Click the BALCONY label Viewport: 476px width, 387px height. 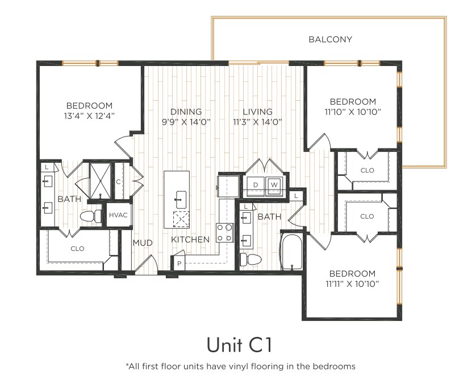(x=330, y=39)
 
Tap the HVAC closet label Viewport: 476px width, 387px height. (x=118, y=215)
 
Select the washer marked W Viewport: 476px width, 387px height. (x=274, y=185)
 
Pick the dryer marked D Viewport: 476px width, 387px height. (x=256, y=185)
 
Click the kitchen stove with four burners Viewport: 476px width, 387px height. (x=225, y=233)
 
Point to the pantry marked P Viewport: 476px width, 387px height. (x=179, y=264)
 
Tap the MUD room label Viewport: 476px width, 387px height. (x=143, y=243)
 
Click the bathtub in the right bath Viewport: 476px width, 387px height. (x=291, y=252)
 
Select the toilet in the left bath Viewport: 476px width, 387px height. (x=91, y=216)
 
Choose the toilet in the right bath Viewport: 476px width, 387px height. (x=250, y=260)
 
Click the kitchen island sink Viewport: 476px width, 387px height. (x=181, y=200)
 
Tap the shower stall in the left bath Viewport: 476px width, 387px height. (x=100, y=181)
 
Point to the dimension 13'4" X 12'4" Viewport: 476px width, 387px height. (x=89, y=116)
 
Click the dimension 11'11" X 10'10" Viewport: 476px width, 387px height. (x=352, y=284)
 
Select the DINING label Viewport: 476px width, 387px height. (x=186, y=112)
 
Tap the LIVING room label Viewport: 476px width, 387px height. (x=258, y=112)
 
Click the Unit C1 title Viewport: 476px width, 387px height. (x=239, y=345)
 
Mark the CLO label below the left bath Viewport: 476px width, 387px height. (x=77, y=249)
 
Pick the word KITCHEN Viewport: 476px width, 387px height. (x=190, y=240)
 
